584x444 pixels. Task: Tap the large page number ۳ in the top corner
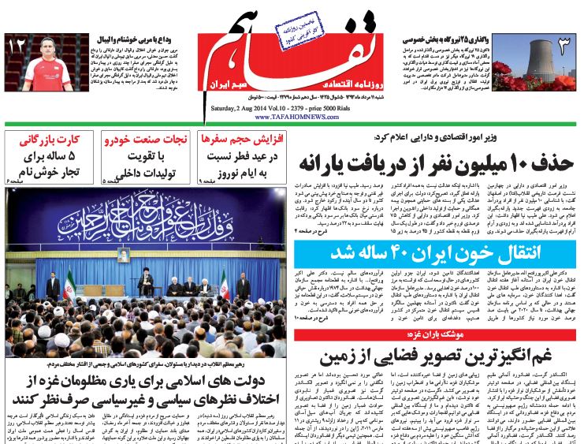pyautogui.click(x=560, y=49)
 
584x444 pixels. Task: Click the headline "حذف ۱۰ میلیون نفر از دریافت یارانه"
pyautogui.click(x=433, y=165)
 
